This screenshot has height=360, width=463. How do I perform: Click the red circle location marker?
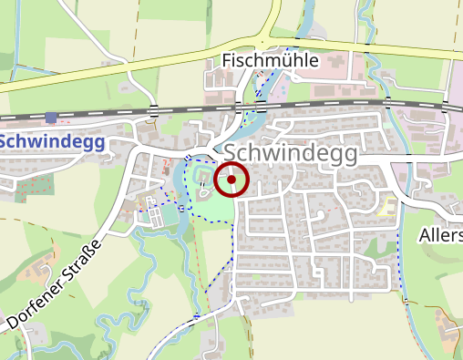pos(231,180)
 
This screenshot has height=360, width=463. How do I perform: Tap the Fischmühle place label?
pos(270,61)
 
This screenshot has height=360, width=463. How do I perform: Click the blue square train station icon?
pos(50,118)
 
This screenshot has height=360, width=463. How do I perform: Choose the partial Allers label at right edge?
pos(440,236)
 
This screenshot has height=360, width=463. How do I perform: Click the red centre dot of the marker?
pos(231,180)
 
